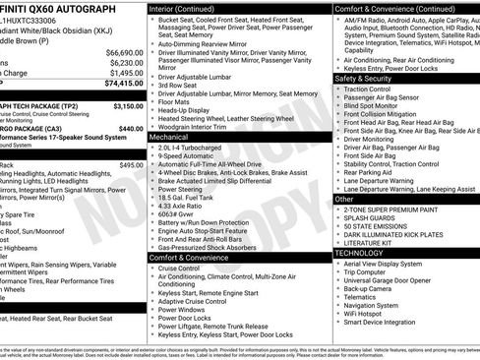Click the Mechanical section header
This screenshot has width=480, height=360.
coord(168,138)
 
